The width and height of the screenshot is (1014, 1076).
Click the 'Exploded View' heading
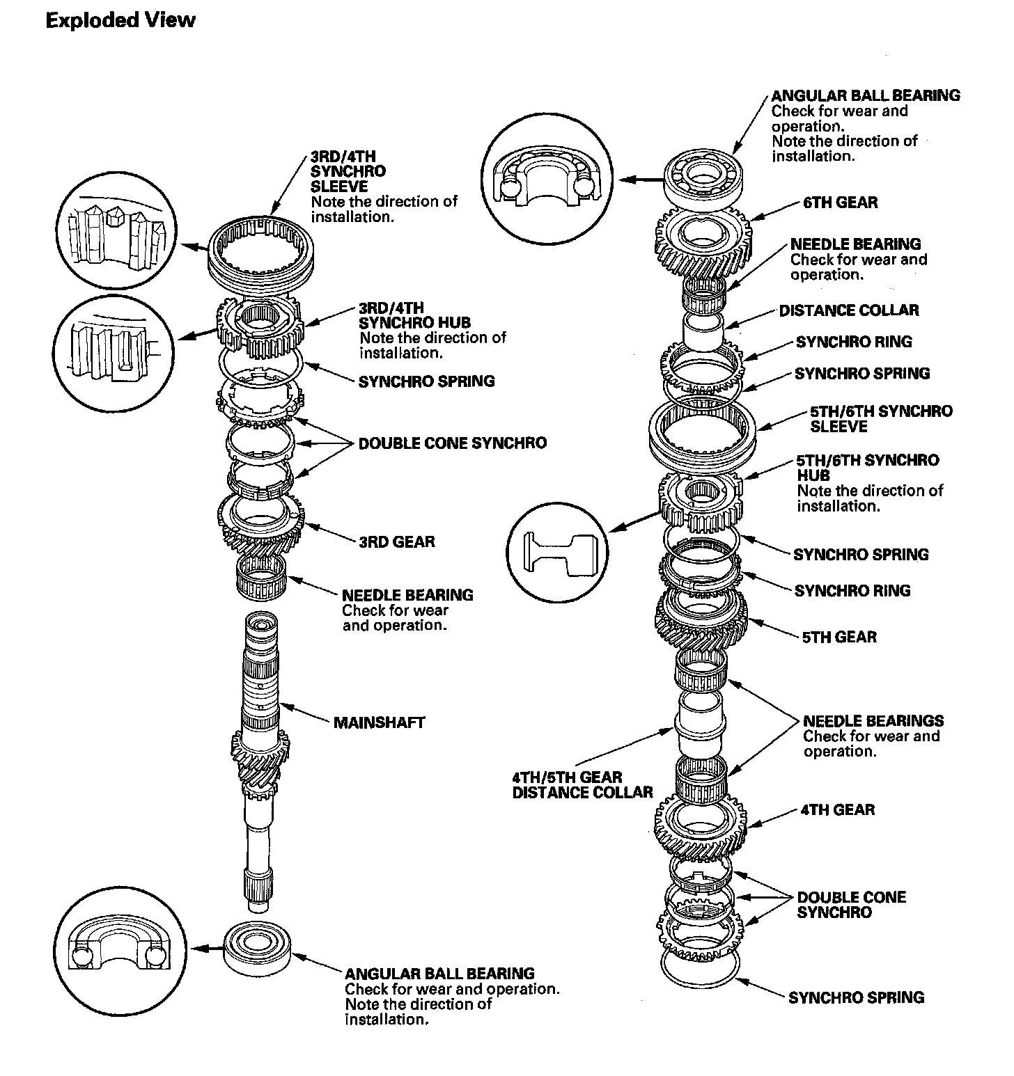pos(120,20)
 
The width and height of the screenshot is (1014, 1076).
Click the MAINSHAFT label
pos(379,722)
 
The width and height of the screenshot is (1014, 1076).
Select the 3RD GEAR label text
pos(396,541)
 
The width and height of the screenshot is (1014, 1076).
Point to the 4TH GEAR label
pos(838,809)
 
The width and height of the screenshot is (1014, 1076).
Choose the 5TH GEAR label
pos(839,637)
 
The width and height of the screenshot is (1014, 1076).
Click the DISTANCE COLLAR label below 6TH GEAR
pos(848,310)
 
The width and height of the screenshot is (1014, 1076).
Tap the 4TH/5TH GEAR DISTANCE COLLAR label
pos(582,785)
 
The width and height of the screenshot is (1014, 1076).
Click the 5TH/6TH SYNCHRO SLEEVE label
pos(880,418)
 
